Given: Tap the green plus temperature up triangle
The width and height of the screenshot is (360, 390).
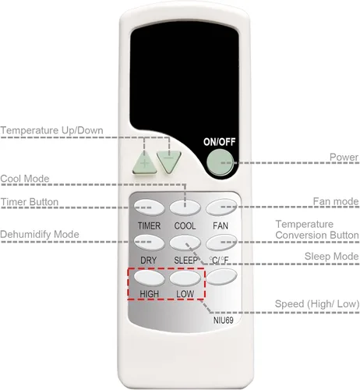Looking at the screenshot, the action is (145, 163).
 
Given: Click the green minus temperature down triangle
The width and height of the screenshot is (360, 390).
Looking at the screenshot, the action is (169, 161).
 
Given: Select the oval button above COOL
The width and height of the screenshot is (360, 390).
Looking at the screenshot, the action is (185, 207).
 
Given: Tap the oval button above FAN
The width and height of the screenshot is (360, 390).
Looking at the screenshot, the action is (221, 207).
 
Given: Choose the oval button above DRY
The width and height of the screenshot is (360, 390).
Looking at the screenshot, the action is (149, 243).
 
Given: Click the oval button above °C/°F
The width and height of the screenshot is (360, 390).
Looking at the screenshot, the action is (221, 243).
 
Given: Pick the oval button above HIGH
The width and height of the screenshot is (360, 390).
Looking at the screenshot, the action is (149, 278).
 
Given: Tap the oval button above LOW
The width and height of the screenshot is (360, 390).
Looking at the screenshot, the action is (185, 278).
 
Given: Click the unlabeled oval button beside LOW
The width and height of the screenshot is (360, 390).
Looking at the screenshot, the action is (221, 276).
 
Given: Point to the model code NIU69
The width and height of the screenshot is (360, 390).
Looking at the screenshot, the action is (223, 321).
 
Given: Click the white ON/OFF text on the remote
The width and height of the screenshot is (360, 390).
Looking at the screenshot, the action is (219, 142).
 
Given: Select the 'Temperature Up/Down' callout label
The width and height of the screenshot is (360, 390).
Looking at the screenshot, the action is (51, 130).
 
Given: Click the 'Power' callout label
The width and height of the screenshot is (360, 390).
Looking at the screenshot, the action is (344, 157).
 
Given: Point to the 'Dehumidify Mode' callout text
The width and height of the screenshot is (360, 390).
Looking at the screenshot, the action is (40, 234).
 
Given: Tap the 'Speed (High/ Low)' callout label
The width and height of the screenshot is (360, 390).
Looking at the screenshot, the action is (317, 303).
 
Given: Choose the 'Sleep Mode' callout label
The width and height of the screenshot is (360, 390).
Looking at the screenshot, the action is (331, 257).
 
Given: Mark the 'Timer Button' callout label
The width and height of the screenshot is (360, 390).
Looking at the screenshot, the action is (30, 202).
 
